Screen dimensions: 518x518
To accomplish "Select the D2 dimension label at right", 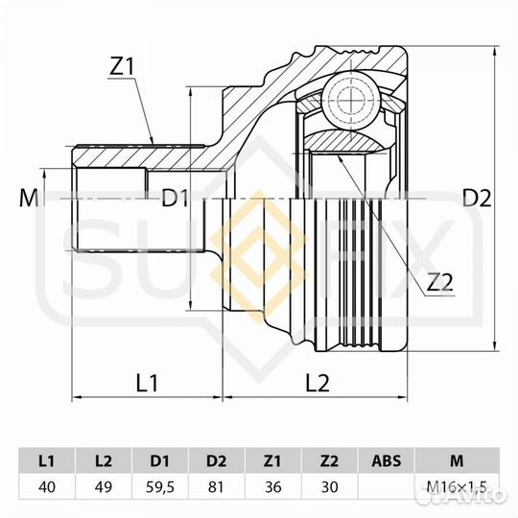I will [x=477, y=199].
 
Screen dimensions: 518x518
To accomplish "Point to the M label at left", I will [x=28, y=199].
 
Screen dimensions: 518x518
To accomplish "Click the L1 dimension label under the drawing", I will [x=147, y=383].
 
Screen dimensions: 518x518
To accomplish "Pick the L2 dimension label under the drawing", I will [x=318, y=383].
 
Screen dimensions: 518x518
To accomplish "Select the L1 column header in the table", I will [x=47, y=459].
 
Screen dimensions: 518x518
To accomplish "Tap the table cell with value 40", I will [x=47, y=486].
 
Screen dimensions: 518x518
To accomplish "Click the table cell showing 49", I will [x=104, y=486].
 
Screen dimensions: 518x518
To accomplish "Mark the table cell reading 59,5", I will [x=160, y=486].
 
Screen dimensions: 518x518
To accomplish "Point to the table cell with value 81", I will [x=218, y=486].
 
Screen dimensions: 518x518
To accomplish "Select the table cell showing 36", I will [x=274, y=486].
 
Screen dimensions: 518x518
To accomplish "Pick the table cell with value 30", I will [x=331, y=486].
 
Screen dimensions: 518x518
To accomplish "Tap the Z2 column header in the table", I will [x=331, y=459].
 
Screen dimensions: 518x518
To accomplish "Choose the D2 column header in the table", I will [x=218, y=459].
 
